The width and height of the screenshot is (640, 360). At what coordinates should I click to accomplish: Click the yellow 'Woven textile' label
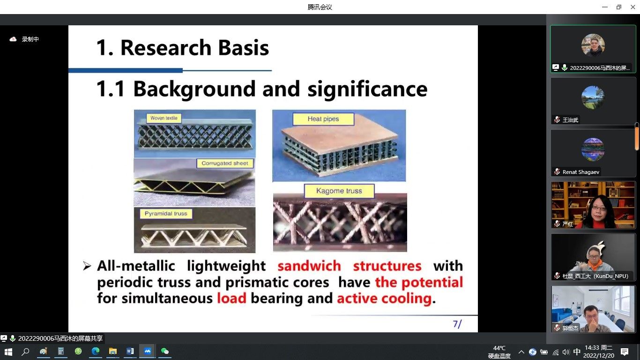click(164, 118)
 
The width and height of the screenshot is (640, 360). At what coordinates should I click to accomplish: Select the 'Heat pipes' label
click(323, 119)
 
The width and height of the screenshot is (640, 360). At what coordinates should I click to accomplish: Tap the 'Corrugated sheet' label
click(225, 163)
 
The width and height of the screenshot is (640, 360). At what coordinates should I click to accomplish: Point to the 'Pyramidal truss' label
click(166, 214)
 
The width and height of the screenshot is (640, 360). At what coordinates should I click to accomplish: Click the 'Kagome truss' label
click(339, 191)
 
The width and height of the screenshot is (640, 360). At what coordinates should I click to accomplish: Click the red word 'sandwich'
click(309, 266)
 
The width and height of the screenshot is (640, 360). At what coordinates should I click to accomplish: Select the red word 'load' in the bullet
click(231, 298)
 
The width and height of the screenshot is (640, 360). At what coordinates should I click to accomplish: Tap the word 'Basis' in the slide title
click(244, 47)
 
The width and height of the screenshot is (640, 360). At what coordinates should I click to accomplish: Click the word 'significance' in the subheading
click(367, 89)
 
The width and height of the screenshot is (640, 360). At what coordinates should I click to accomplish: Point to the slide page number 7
click(455, 324)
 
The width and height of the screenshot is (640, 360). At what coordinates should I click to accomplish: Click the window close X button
click(633, 7)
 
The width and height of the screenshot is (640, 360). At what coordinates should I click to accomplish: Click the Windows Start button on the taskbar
click(8, 352)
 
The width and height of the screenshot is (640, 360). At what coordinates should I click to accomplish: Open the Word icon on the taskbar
click(130, 351)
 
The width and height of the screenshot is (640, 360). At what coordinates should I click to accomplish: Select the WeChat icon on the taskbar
click(165, 351)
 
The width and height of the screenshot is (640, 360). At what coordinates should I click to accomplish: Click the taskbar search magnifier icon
click(26, 352)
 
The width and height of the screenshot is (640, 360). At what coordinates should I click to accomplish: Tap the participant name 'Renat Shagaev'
click(580, 172)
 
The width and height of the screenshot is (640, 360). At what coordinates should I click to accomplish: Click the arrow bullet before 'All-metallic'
click(87, 266)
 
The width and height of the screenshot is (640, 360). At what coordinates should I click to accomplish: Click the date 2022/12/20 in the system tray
click(599, 356)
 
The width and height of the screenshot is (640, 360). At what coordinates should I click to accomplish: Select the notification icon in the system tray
click(624, 352)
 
